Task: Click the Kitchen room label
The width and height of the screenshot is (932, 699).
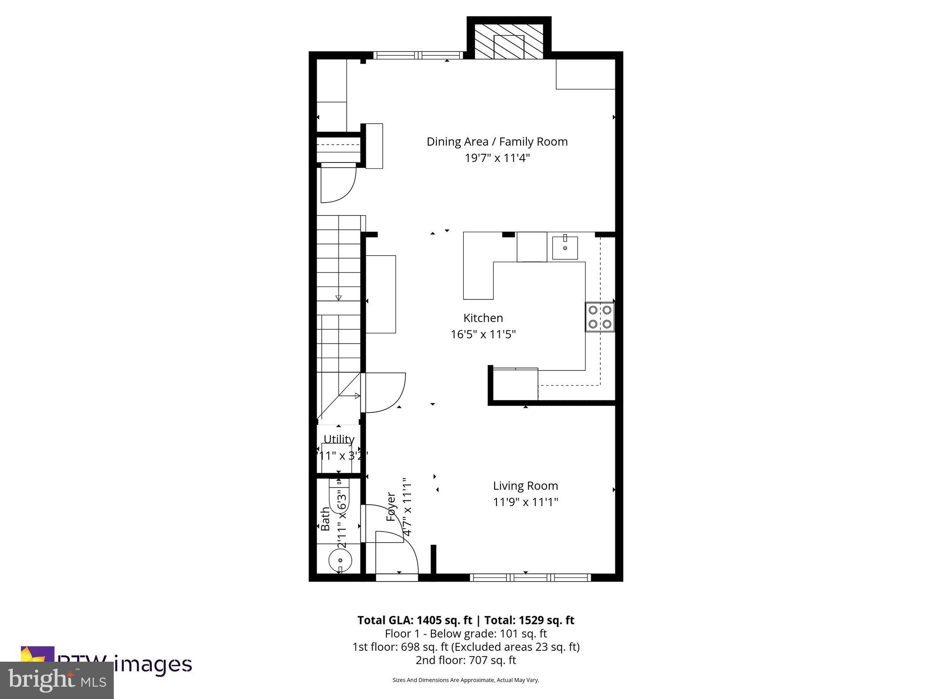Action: [483, 318]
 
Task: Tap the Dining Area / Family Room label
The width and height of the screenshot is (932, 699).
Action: [497, 142]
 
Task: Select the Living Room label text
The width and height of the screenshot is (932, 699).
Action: [525, 486]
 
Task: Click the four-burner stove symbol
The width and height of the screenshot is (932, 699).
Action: [599, 317]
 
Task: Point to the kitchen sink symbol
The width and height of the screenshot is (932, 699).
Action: [565, 248]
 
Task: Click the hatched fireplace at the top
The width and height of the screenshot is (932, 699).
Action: [509, 41]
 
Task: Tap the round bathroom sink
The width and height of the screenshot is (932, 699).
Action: [340, 560]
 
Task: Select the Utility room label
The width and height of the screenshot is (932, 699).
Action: [339, 439]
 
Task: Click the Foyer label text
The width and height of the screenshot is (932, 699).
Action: [390, 507]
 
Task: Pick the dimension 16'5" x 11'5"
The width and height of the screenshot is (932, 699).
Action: [483, 334]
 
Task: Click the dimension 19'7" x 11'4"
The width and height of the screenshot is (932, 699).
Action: [497, 158]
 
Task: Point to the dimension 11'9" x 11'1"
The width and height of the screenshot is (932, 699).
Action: [525, 502]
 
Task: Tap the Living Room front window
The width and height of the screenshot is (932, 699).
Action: [530, 577]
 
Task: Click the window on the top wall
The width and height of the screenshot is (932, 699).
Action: [418, 56]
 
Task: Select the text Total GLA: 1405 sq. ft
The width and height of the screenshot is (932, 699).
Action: [415, 620]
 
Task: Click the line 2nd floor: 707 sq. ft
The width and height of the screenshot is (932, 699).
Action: [466, 660]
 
